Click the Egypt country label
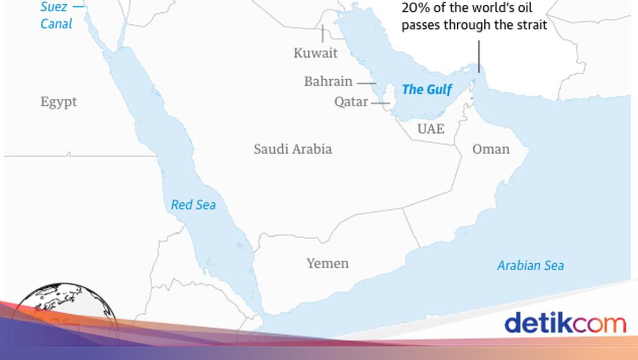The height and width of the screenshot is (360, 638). coord(58,102)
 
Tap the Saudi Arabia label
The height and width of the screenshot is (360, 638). coord(292,149)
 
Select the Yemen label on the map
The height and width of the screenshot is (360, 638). coord(328,263)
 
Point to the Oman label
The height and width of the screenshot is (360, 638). coord(491,149)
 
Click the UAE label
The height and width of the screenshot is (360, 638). coord(431,129)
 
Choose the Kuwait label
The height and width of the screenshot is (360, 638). coord(315,53)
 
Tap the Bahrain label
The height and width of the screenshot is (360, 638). coord(328,81)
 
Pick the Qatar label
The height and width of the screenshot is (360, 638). coord(351,102)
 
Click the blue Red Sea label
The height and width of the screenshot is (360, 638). coord(194,205)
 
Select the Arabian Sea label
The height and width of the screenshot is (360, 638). coord(530,265)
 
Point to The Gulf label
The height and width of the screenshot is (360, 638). coord(427,89)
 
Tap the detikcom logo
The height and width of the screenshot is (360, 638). coord(565,323)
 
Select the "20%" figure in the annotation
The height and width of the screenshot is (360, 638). coord(416,9)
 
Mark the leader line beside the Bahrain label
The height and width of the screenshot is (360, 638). coord(366,83)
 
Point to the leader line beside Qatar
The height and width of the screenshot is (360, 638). coord(377,102)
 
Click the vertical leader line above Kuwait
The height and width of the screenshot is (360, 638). coord(322,34)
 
